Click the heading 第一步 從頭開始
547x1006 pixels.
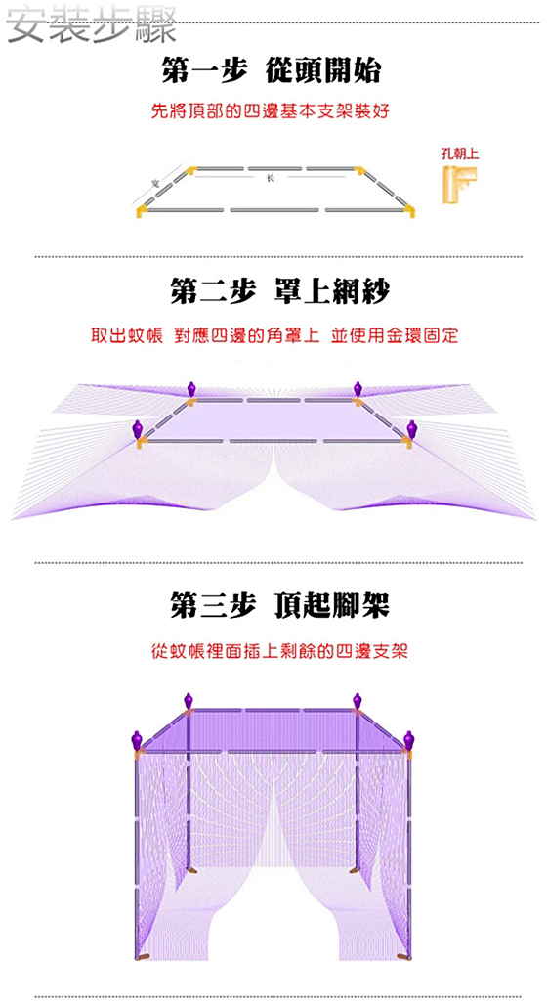[x=272, y=70]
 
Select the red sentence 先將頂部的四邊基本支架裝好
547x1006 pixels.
[x=270, y=111]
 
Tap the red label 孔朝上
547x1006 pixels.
[x=460, y=153]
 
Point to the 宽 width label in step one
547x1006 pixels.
[x=155, y=184]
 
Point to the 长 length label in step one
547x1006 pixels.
[x=270, y=178]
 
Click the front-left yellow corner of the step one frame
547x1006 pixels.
[x=142, y=210]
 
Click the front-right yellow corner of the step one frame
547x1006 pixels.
[x=408, y=210]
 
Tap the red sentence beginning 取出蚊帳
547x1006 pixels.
[x=274, y=335]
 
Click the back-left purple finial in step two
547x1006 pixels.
[x=191, y=389]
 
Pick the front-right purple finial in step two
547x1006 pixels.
[x=411, y=428]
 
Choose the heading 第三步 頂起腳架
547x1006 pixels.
[x=279, y=606]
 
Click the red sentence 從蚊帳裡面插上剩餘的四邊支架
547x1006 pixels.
[x=279, y=652]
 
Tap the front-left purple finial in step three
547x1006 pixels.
[x=137, y=740]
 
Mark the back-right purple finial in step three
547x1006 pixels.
[x=358, y=701]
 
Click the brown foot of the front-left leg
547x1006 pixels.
[x=143, y=957]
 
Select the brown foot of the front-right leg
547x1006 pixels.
[x=404, y=957]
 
